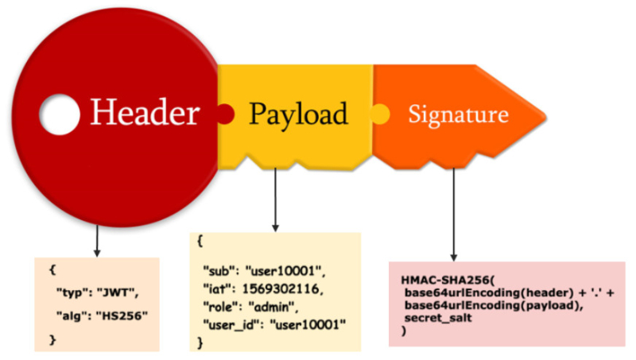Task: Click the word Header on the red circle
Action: pos(144,114)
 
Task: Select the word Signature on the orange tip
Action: pos(458,114)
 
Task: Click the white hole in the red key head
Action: pos(60,114)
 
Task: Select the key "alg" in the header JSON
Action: pos(68,316)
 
